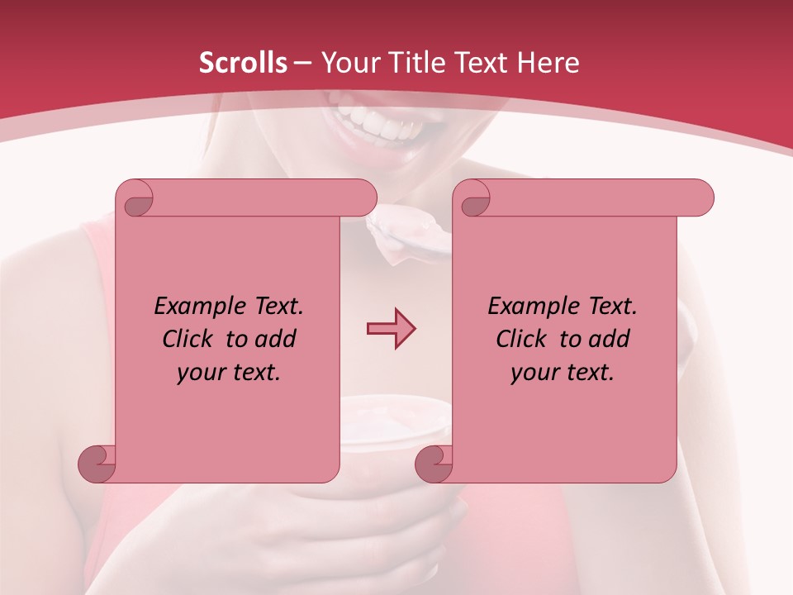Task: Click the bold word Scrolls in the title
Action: (243, 63)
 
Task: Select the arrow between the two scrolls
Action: (391, 330)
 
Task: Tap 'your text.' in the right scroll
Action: (563, 373)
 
